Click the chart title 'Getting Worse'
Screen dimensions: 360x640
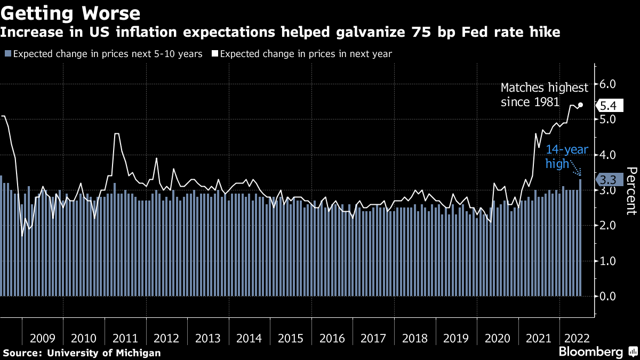pyautogui.click(x=70, y=13)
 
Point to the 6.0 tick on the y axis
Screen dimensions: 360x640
pyautogui.click(x=608, y=84)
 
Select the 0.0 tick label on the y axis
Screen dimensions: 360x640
pyautogui.click(x=608, y=296)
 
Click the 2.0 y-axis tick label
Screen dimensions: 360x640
pyautogui.click(x=608, y=226)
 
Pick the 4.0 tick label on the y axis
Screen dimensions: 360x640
pyautogui.click(x=608, y=155)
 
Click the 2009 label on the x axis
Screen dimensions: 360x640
pyautogui.click(x=43, y=338)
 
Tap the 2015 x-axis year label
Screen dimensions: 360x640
pyautogui.click(x=291, y=338)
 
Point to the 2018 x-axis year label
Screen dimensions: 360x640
pyautogui.click(x=415, y=338)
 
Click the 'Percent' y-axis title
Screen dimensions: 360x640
pyautogui.click(x=630, y=190)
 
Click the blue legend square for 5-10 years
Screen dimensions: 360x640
pyautogui.click(x=7, y=54)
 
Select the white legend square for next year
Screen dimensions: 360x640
pyautogui.click(x=215, y=54)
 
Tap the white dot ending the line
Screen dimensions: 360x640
pyautogui.click(x=580, y=105)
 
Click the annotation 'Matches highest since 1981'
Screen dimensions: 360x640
pyautogui.click(x=544, y=94)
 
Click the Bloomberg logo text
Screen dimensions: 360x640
pyautogui.click(x=590, y=352)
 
